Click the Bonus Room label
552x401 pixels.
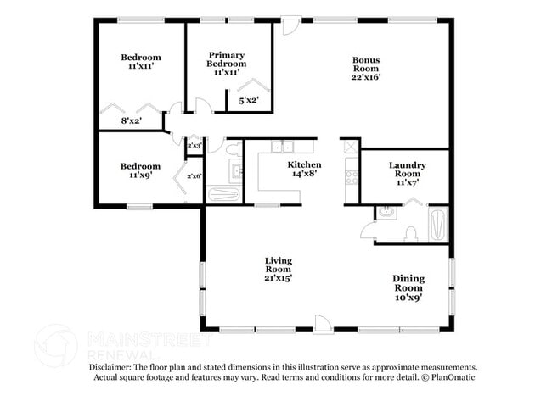click(366, 69)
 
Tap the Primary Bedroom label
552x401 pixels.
click(227, 64)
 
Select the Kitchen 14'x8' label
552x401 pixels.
click(304, 169)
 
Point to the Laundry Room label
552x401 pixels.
click(408, 174)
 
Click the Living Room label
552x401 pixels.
click(278, 270)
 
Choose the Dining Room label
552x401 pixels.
click(408, 288)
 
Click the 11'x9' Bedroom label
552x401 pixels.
click(140, 170)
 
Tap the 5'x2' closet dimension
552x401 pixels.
click(249, 101)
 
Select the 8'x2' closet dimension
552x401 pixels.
click(132, 121)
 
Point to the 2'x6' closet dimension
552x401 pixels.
click(194, 176)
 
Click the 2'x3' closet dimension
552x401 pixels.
click(194, 145)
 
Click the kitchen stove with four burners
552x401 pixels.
click(352, 177)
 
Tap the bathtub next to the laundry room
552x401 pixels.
click(438, 225)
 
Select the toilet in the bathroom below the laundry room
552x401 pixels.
click(410, 234)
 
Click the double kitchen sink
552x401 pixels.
click(282, 146)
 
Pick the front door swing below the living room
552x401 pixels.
click(323, 324)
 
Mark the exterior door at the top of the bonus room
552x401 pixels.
click(291, 25)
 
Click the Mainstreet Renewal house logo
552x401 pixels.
click(55, 346)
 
